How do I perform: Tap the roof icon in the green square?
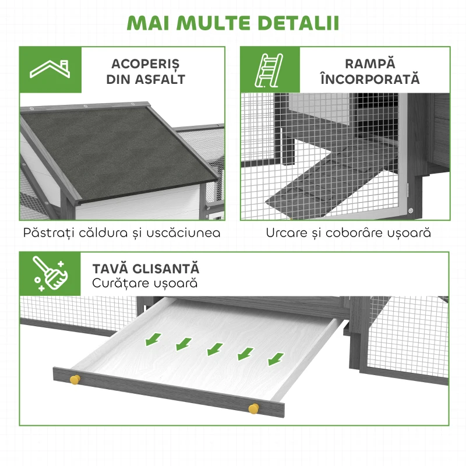[50, 69]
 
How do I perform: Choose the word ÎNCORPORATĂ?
[369, 80]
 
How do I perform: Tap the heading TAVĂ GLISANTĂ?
[146, 269]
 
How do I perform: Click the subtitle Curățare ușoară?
[144, 284]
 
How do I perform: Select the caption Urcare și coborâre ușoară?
[348, 233]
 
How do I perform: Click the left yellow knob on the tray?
[75, 380]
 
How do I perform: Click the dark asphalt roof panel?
[114, 146]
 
